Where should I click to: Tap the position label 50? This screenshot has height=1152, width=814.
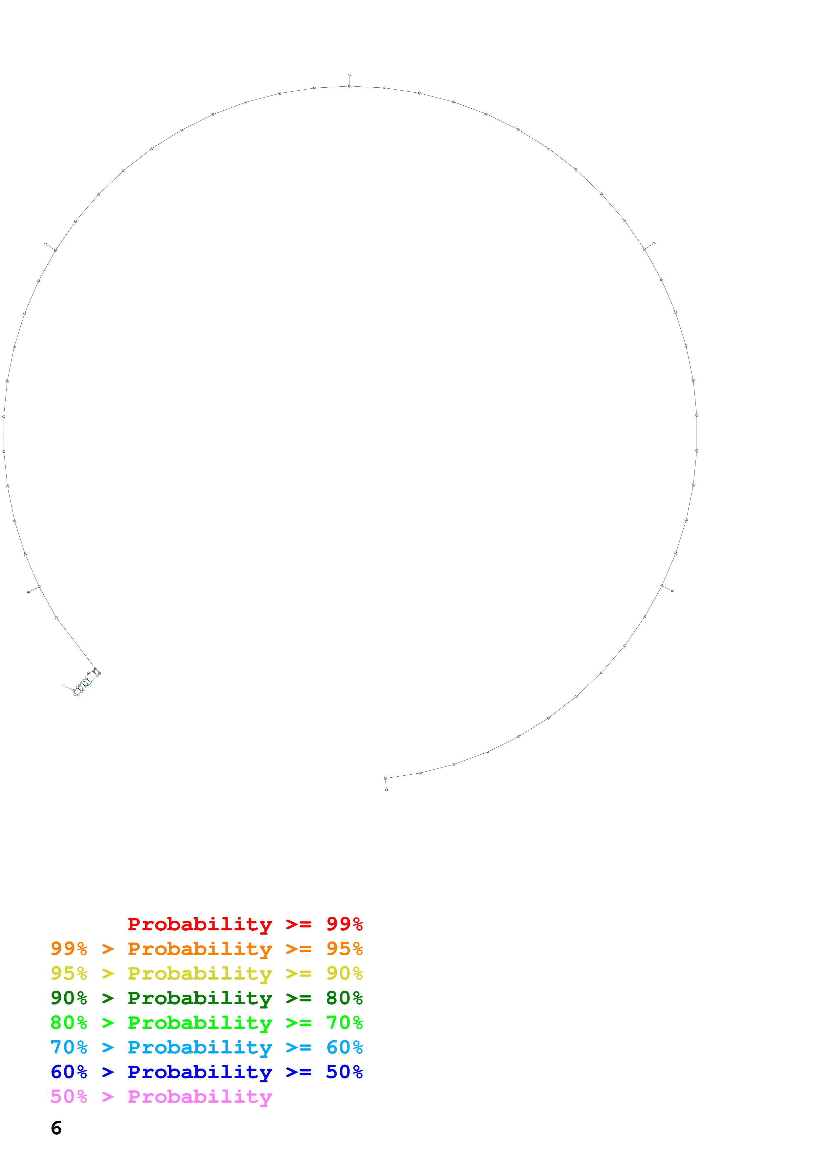pyautogui.click(x=654, y=243)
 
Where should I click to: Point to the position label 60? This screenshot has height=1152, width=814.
pyautogui.click(x=672, y=591)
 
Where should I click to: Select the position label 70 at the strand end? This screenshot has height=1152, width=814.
pyautogui.click(x=386, y=790)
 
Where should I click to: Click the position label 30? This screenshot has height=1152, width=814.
pyautogui.click(x=46, y=244)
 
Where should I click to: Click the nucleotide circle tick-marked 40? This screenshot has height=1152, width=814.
pyautogui.click(x=350, y=86)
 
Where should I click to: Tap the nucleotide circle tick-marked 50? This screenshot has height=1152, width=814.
pyautogui.click(x=645, y=249)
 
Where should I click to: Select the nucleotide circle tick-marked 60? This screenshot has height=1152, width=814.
pyautogui.click(x=662, y=586)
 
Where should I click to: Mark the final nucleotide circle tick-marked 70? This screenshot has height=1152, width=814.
pyautogui.click(x=385, y=778)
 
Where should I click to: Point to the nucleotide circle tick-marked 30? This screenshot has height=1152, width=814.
pyautogui.click(x=55, y=250)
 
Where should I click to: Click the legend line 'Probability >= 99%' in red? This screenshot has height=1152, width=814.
pyautogui.click(x=245, y=924)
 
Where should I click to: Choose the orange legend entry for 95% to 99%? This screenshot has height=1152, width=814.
pyautogui.click(x=207, y=949)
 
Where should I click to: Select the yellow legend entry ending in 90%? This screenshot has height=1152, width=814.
pyautogui.click(x=207, y=973)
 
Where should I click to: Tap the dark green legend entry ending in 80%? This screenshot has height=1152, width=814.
pyautogui.click(x=207, y=998)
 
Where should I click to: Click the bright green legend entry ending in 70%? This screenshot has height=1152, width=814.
pyautogui.click(x=207, y=1023)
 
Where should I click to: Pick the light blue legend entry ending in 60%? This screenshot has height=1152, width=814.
pyautogui.click(x=207, y=1047)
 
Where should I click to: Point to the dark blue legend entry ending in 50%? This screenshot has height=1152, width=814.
pyautogui.click(x=207, y=1072)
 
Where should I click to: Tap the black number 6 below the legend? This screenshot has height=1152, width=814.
pyautogui.click(x=56, y=1128)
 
